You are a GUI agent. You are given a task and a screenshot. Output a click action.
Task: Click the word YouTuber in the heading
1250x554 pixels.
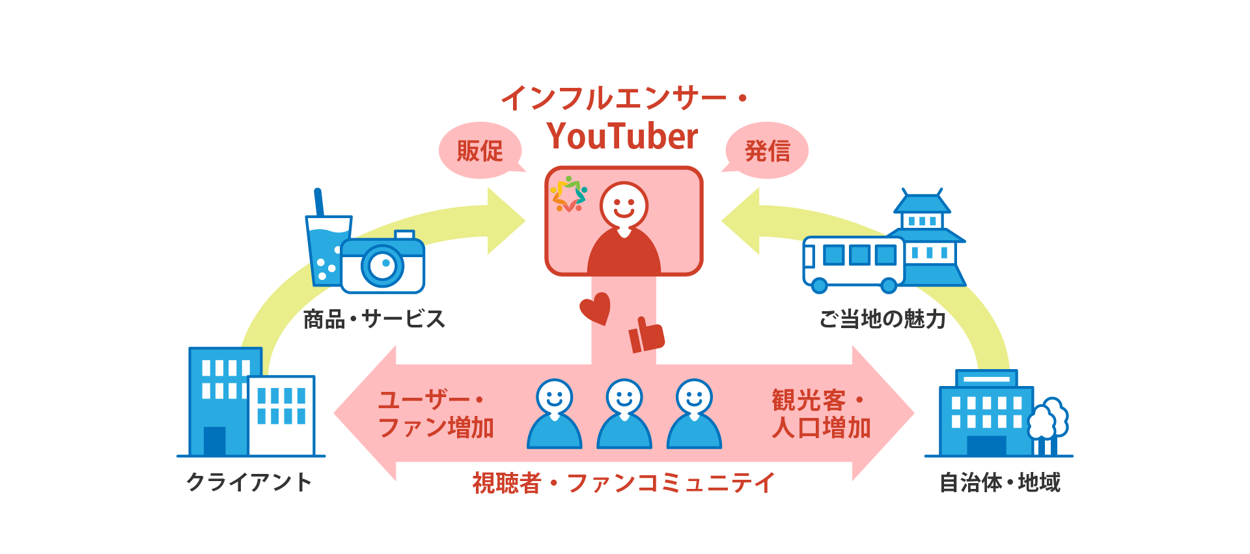(x=622, y=136)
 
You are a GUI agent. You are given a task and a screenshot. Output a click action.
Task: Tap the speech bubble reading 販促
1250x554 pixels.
(x=480, y=150)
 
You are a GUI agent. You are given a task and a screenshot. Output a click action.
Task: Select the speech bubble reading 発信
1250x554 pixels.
(x=767, y=150)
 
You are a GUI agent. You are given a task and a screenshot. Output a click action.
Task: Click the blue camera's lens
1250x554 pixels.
(x=383, y=265)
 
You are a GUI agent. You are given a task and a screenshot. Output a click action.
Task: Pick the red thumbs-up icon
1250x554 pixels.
(x=646, y=336)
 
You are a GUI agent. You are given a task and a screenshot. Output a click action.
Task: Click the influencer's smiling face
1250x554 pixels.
(x=624, y=204)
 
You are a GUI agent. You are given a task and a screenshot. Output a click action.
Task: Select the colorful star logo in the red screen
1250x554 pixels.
(x=568, y=194)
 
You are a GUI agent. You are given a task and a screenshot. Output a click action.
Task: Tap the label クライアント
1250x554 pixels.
(x=249, y=482)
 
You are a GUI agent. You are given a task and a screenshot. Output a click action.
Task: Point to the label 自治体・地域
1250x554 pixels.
(x=1000, y=482)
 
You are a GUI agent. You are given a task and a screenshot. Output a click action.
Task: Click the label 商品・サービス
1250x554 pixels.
(x=374, y=319)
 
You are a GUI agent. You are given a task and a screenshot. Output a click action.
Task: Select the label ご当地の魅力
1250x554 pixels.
(x=882, y=319)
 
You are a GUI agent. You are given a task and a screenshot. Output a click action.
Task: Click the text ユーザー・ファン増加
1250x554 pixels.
(x=435, y=414)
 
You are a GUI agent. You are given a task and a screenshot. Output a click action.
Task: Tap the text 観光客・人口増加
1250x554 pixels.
(x=820, y=414)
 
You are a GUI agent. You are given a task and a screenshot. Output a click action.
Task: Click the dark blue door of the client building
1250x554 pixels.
(x=214, y=441)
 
